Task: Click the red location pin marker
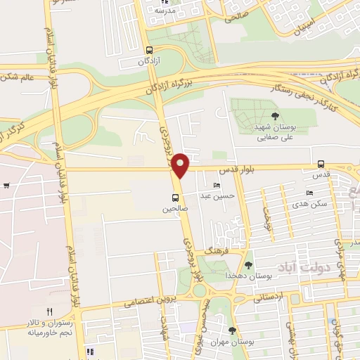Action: (181, 165)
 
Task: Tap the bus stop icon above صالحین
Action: (175, 198)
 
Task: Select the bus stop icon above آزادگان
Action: (148, 50)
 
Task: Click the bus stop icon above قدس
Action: (321, 164)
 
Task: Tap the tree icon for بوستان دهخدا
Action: (248, 265)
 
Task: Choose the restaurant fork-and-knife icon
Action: (49, 311)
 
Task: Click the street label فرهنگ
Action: (199, 250)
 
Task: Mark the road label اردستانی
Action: (267, 297)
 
